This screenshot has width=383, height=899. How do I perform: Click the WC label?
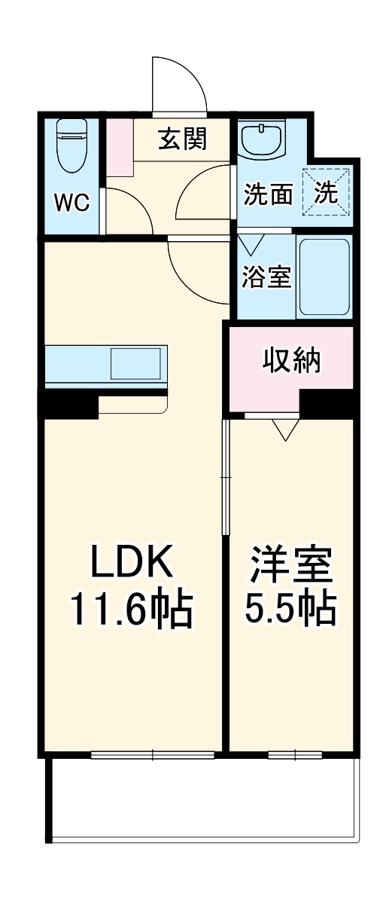point(71,201)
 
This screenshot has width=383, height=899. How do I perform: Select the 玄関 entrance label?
point(182,139)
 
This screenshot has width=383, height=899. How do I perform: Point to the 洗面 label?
point(268,194)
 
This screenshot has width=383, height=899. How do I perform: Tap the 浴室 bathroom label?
point(266,277)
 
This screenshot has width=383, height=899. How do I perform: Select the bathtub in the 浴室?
point(324,276)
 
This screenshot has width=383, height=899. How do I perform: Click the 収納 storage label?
point(292,361)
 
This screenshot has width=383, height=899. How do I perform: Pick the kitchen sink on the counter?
point(135,364)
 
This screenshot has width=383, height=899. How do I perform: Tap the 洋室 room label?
point(291,565)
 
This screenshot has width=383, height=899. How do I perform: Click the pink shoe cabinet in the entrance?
point(118,147)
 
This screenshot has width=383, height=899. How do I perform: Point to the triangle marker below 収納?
point(285,430)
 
